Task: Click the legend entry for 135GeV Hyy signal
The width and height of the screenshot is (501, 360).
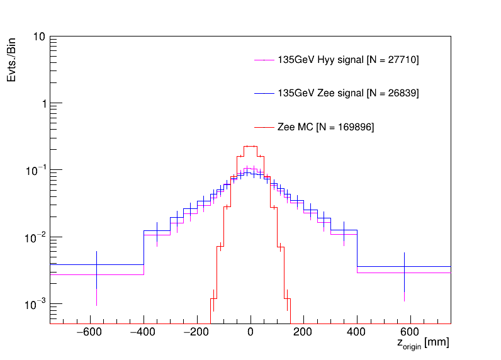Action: click(348, 60)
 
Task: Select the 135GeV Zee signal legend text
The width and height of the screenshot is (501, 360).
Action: click(348, 93)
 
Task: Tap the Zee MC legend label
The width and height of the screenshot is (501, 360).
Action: click(325, 127)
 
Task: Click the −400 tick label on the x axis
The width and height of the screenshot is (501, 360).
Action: click(144, 332)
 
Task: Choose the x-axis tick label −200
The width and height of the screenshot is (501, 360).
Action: click(197, 332)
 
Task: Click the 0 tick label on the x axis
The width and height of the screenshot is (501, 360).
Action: click(250, 332)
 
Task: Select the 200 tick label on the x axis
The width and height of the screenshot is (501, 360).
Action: click(304, 332)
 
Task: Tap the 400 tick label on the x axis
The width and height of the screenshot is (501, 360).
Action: click(357, 332)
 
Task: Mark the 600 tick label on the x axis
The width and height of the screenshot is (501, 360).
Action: click(410, 332)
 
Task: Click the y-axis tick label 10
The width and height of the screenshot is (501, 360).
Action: click(38, 37)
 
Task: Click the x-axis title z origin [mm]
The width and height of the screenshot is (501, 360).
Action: click(422, 344)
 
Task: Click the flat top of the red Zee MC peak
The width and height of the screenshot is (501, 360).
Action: click(250, 146)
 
